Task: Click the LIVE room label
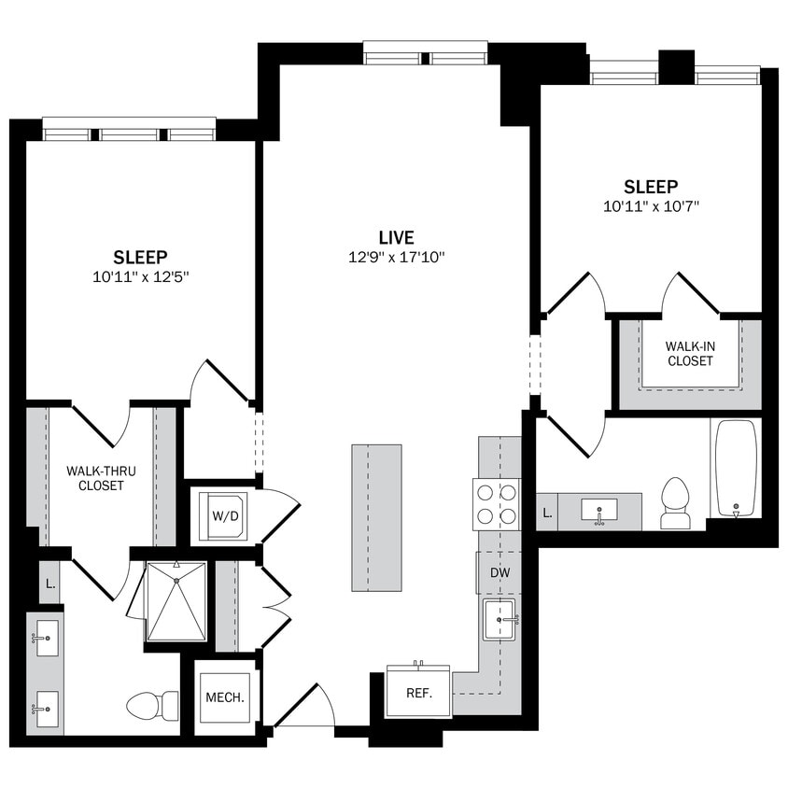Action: [396, 238]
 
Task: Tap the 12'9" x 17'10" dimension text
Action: [396, 258]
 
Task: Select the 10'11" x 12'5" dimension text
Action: [140, 276]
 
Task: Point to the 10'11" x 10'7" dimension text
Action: [651, 206]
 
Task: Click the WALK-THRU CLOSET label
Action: [101, 478]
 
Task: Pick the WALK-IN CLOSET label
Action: [689, 353]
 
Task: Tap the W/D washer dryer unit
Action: [222, 515]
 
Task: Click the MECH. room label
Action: [224, 697]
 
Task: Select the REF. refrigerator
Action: [417, 693]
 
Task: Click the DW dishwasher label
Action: [500, 573]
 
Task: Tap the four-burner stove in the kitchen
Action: [497, 503]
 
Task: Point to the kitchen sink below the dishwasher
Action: [499, 619]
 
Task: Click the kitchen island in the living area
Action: [376, 517]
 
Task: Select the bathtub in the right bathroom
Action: [735, 468]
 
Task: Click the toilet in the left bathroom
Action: [152, 705]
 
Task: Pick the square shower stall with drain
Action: [176, 601]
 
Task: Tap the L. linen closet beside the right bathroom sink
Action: [546, 512]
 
